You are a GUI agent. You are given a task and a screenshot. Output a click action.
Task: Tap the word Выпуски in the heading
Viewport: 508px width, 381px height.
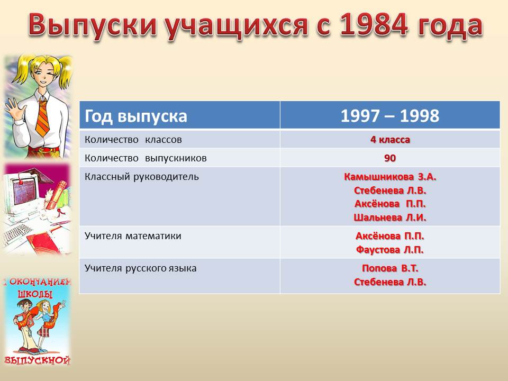pos(93,25)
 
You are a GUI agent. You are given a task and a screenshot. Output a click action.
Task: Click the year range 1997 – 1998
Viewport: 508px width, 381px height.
pos(390,116)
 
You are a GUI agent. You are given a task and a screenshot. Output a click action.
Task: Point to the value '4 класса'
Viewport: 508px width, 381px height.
pos(390,140)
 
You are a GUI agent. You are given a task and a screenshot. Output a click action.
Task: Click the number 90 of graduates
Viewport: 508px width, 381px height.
pos(390,158)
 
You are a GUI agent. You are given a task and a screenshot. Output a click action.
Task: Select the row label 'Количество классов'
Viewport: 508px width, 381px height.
pos(133,140)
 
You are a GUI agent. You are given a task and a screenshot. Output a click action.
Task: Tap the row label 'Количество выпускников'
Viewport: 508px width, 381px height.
pos(146,158)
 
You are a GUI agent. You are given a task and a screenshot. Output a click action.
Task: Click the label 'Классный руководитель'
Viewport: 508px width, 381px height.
pos(142,177)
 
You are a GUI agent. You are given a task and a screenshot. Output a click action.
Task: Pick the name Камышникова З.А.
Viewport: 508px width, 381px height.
pos(390,177)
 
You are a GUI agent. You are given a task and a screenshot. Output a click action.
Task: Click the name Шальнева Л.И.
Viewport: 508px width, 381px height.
pos(390,217)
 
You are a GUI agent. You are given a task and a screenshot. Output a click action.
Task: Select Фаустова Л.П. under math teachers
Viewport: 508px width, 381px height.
pos(390,250)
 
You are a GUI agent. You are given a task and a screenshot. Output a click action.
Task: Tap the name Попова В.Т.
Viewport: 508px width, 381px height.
pos(390,268)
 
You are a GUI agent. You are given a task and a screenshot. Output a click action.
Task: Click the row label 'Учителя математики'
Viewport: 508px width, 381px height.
pos(133,236)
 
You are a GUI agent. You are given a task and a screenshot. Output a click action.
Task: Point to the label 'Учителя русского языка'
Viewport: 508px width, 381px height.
pos(140,269)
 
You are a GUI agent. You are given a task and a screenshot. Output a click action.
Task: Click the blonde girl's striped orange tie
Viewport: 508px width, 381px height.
pos(43,117)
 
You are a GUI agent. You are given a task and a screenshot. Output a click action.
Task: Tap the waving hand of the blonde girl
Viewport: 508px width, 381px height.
pos(12,108)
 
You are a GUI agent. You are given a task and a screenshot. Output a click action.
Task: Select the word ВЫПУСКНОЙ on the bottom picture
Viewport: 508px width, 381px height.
pos(37,360)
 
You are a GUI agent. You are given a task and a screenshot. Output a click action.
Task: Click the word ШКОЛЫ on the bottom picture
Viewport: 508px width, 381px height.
pos(35,294)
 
